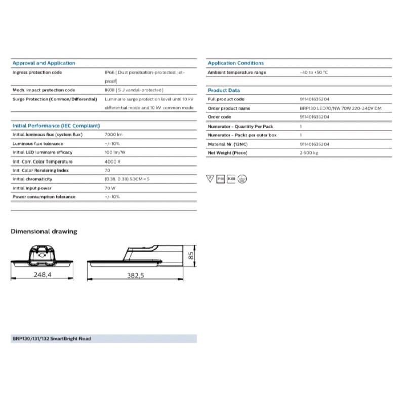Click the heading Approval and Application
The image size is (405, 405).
click(44, 63)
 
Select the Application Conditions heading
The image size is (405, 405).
click(235, 63)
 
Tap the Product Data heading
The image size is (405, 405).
click(224, 90)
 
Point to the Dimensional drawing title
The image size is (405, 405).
click(44, 231)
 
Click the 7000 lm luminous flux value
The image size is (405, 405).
click(113, 135)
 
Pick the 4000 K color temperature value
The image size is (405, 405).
click(112, 161)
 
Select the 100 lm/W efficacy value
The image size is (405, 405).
click(115, 152)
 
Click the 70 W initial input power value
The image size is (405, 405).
click(110, 188)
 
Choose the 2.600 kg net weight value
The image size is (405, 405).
click(309, 152)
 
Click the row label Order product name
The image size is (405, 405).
click(229, 108)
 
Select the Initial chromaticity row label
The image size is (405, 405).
click(32, 179)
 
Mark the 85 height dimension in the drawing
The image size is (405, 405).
click(191, 256)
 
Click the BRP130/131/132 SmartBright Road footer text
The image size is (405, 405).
click(52, 338)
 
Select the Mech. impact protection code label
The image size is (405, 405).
click(44, 90)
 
